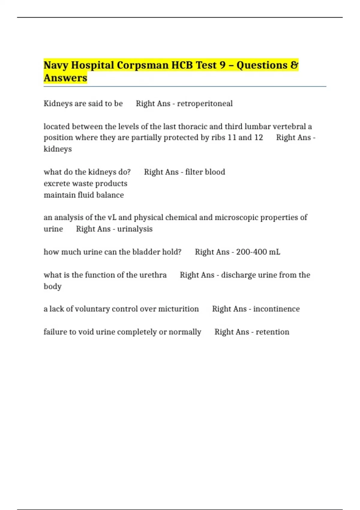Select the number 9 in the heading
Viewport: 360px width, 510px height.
[222, 65]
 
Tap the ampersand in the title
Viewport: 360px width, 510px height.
[294, 65]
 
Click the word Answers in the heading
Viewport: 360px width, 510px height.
[65, 78]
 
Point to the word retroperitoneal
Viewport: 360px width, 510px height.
[205, 103]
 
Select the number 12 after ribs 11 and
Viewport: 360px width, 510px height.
[259, 137]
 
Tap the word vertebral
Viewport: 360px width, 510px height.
[289, 126]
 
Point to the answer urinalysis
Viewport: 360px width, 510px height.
[135, 229]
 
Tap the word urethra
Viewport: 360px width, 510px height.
[153, 275]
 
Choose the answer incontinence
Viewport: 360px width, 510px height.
[276, 309]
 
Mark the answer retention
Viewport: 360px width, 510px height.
[272, 332]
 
